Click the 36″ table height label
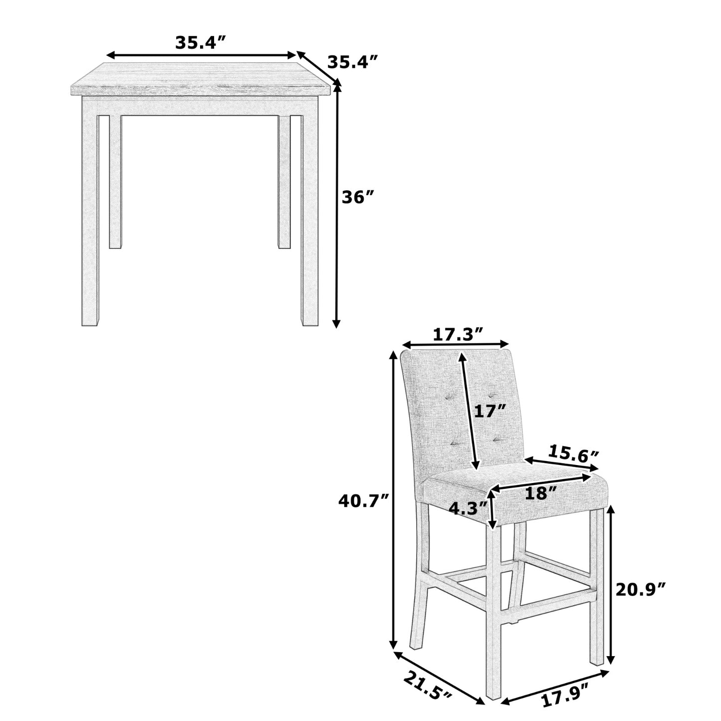[x=358, y=198]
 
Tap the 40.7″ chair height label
[x=363, y=500]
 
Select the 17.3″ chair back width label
[x=458, y=334]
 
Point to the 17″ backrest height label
[x=490, y=411]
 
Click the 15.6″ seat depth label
[x=573, y=454]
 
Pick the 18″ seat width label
[x=540, y=493]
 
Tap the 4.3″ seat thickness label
[x=468, y=508]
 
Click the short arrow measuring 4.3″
[x=493, y=509]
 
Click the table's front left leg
[x=90, y=210]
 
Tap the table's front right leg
[x=309, y=210]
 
